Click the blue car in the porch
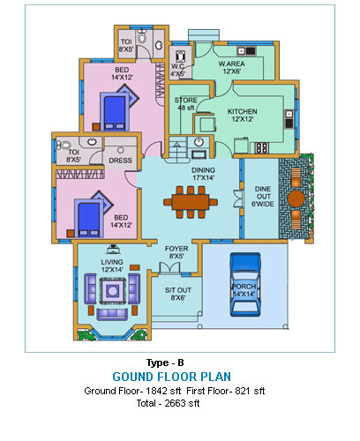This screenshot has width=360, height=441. tap(245, 284)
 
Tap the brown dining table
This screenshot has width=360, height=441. tap(191, 202)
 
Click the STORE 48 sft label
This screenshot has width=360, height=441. tap(185, 104)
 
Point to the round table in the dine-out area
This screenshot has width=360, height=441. tap(296, 198)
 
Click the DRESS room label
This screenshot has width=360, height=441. tap(120, 161)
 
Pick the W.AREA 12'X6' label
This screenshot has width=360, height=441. tap(232, 67)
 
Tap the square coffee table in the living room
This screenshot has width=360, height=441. tap(112, 291)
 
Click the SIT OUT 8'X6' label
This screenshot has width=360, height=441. tap(178, 294)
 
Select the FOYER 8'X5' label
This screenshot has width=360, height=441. tap(176, 252)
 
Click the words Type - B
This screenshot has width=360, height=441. tap(165, 363)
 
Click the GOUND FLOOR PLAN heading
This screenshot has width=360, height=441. tap(172, 377)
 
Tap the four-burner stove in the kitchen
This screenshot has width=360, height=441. tap(261, 147)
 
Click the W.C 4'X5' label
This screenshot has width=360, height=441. tap(178, 71)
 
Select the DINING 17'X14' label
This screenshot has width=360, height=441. tap(203, 174)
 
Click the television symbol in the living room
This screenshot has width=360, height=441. tap(113, 249)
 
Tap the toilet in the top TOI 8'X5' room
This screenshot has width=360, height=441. tap(142, 37)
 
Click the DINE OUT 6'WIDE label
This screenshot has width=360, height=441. tap(263, 196)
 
